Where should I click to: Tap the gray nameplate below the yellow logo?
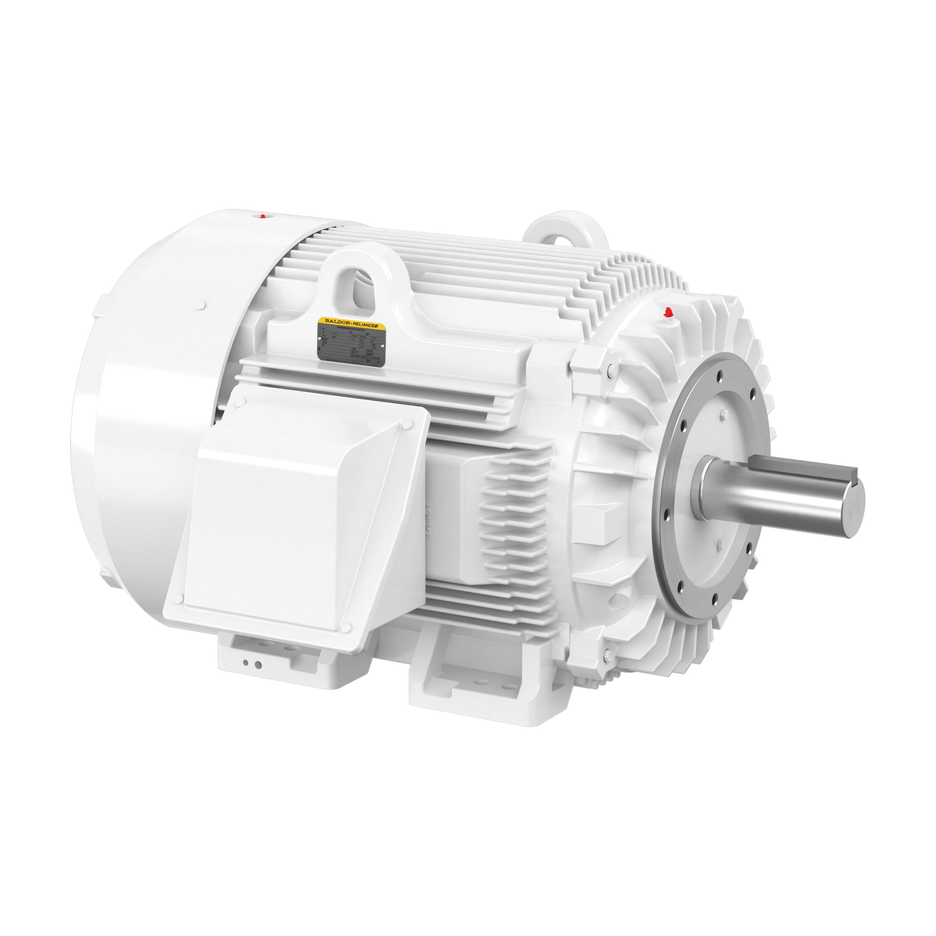coord(351,346)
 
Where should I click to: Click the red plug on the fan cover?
coord(263,216)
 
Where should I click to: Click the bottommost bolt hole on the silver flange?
coord(715,604)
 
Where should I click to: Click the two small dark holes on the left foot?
coord(252,665)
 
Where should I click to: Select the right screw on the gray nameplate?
coord(383,346)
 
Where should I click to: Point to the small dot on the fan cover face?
coord(204,306)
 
